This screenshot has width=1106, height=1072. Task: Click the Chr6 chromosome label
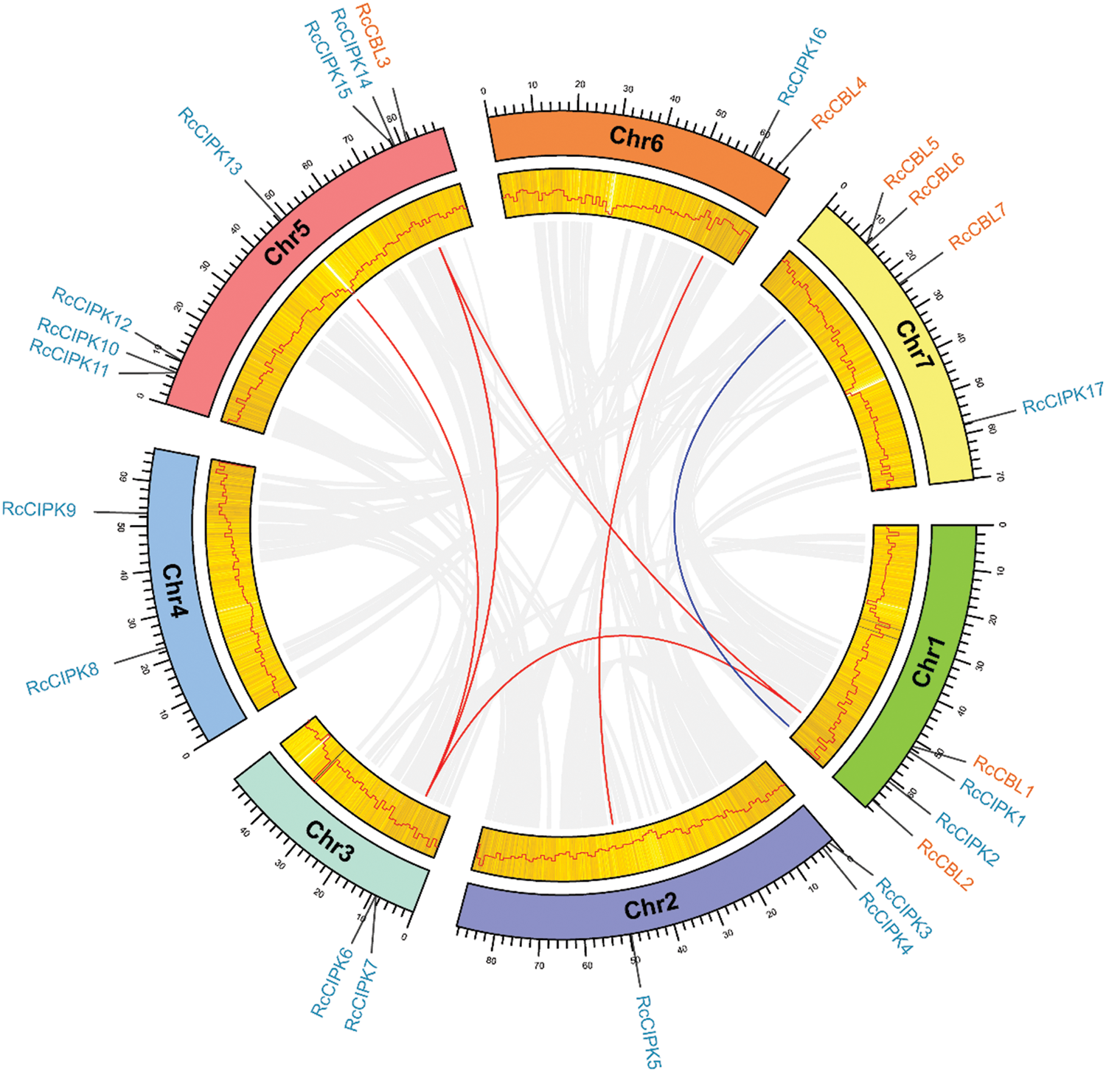click(x=636, y=138)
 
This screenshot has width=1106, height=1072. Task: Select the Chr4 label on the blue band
click(x=175, y=590)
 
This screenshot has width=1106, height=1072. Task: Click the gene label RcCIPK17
click(x=1062, y=398)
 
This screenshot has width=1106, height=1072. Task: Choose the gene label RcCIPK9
click(x=39, y=509)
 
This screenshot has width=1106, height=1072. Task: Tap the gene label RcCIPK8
click(x=63, y=679)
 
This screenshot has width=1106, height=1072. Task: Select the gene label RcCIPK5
click(x=649, y=1031)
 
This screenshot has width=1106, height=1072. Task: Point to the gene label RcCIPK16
click(x=802, y=66)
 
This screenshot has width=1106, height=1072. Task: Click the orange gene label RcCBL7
click(x=977, y=226)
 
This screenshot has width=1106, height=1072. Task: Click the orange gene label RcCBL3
click(x=372, y=35)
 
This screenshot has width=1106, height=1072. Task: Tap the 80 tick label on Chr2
click(x=491, y=961)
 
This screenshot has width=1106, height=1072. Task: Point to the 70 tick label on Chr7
click(x=1000, y=477)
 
